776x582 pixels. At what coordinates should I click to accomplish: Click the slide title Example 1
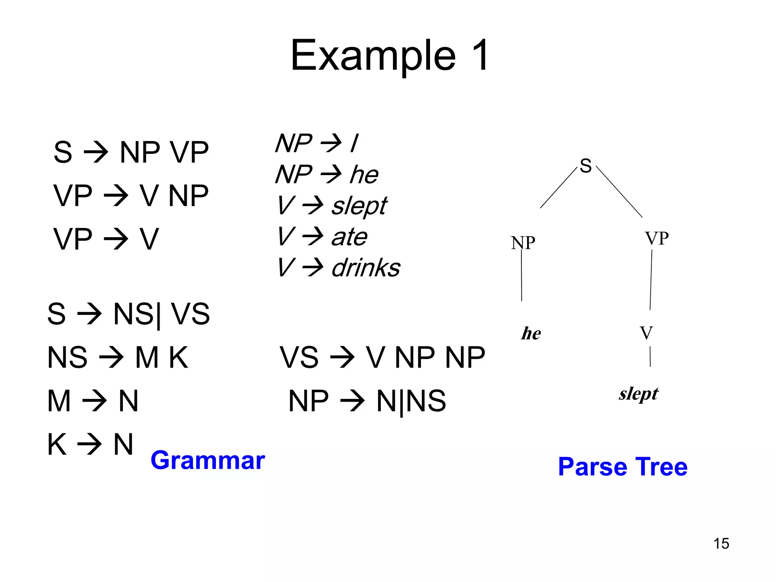(390, 55)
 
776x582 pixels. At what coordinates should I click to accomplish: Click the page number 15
(721, 543)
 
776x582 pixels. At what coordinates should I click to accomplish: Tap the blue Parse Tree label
(623, 466)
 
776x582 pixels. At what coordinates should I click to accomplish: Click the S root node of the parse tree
(585, 166)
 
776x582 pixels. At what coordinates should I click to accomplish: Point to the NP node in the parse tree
(523, 242)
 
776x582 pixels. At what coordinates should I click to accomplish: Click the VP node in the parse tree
(657, 238)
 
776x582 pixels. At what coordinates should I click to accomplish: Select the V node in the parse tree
(646, 333)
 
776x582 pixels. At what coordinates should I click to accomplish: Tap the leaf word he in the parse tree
(531, 333)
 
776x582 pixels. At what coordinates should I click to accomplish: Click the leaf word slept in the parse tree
(638, 394)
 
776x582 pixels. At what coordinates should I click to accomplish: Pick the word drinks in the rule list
(366, 268)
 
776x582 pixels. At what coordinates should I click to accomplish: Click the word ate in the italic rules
(349, 237)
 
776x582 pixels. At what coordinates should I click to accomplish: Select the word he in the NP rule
(364, 175)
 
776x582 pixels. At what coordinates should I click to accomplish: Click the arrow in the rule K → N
(89, 444)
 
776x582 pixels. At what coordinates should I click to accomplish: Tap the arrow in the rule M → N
(94, 401)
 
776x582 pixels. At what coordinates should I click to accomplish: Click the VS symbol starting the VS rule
(299, 357)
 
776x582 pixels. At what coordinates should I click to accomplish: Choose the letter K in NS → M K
(178, 357)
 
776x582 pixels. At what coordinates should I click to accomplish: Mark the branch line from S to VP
(619, 191)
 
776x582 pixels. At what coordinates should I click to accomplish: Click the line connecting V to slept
(650, 357)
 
